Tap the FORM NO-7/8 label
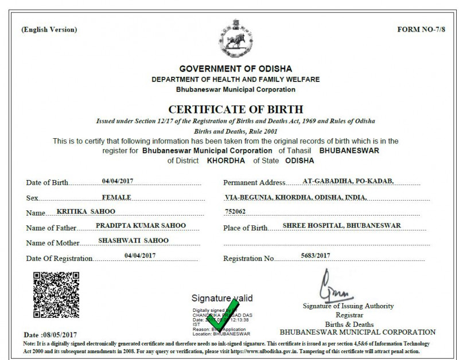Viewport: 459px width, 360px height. [421, 29]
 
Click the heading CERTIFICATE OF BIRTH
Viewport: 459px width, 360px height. [235, 109]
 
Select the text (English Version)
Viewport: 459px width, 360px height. [49, 30]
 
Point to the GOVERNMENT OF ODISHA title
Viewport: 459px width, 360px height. [235, 69]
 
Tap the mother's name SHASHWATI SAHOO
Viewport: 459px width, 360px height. [134, 240]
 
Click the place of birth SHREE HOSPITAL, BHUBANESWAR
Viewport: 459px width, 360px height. [341, 225]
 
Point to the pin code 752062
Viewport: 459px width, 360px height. [235, 212]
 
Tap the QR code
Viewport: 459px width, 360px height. [56, 295]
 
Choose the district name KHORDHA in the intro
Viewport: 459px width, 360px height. [225, 161]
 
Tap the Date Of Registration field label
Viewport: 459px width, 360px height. [60, 259]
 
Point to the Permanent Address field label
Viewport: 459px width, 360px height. [254, 183]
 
